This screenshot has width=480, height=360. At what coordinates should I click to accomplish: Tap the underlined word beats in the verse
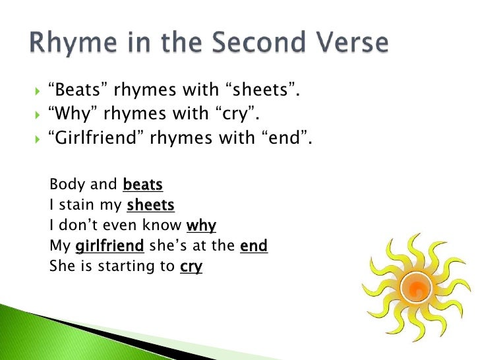tap(143, 185)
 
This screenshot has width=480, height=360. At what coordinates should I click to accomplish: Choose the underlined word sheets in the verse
tap(150, 206)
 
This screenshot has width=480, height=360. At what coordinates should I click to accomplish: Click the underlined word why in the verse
tap(201, 226)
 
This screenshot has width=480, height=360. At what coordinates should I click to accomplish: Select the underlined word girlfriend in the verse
tap(110, 247)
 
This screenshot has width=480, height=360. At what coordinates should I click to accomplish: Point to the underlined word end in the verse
tap(253, 247)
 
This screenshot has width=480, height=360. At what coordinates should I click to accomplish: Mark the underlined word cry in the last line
tap(191, 267)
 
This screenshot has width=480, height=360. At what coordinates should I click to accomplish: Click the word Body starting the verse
tap(65, 185)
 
